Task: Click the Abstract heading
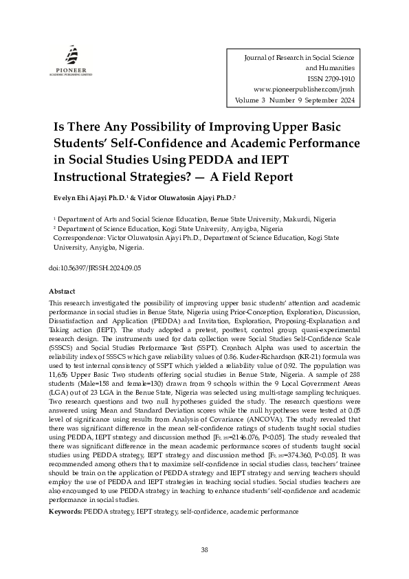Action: (63, 292)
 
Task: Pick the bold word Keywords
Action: (65, 512)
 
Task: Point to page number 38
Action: (204, 549)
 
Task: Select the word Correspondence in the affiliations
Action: (75, 237)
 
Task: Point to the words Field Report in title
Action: (257, 177)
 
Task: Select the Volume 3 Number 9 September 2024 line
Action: (296, 100)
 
